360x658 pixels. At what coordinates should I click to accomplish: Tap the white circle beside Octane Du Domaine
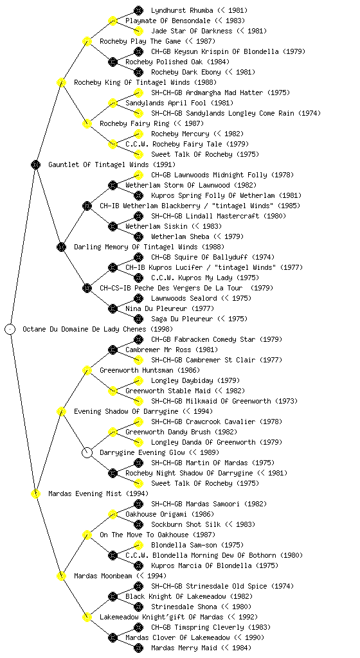click(10, 329)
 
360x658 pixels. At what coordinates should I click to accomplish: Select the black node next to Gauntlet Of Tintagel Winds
click(35, 164)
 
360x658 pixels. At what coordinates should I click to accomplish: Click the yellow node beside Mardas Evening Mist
click(35, 493)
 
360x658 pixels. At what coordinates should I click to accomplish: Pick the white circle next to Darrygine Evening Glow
click(87, 452)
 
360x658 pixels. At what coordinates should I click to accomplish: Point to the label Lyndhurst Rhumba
click(182, 10)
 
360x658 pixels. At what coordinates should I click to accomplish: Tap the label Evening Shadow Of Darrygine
click(126, 411)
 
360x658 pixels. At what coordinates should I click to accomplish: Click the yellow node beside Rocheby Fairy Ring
click(87, 123)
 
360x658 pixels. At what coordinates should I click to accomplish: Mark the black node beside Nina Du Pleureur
click(113, 308)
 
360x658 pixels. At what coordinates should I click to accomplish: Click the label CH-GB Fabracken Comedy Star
click(203, 339)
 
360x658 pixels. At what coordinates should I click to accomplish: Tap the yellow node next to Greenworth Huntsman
click(87, 370)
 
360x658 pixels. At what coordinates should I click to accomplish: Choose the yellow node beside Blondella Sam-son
click(138, 545)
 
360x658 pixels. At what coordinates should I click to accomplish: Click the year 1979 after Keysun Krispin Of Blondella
click(294, 51)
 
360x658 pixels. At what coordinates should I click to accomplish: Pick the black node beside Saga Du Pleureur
click(138, 319)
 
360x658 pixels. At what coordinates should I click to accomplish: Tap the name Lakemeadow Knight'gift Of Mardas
click(161, 617)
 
